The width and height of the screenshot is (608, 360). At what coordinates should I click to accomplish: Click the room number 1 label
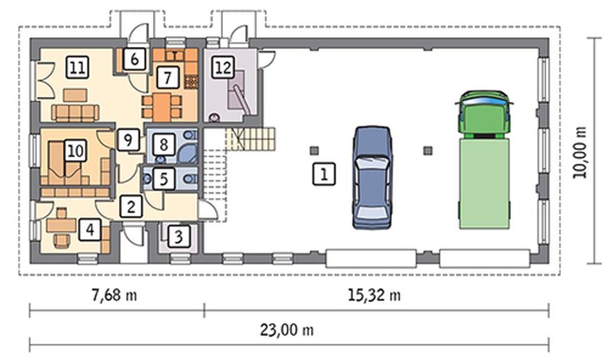point(324,174)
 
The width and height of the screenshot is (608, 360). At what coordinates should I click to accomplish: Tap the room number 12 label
point(223,68)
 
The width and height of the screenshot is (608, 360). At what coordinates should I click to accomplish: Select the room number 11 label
point(77,67)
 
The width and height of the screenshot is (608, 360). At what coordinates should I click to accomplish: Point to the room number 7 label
point(168,77)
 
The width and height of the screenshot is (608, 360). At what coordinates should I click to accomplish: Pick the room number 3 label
point(179,236)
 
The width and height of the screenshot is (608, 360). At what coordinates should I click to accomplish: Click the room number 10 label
point(75,150)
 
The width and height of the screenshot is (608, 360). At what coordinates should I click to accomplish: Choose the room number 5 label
point(164,179)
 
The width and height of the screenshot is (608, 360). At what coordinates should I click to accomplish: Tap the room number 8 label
point(163,145)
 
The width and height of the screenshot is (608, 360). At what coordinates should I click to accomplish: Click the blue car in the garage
point(373,177)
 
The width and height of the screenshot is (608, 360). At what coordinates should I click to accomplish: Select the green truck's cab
point(484,114)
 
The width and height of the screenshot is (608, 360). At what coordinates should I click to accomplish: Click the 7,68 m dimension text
point(114,296)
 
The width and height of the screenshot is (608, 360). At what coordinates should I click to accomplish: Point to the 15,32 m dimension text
point(374,296)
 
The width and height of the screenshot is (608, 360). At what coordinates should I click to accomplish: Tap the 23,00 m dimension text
point(287,330)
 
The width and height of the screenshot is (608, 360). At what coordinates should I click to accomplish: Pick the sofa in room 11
point(75,113)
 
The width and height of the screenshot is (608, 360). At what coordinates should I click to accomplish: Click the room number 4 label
point(90,230)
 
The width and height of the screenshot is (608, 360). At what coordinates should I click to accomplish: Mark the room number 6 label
point(134,60)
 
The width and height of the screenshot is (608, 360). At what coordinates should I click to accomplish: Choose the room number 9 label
point(128,139)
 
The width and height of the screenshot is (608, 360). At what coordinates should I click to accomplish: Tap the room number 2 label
point(131,206)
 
